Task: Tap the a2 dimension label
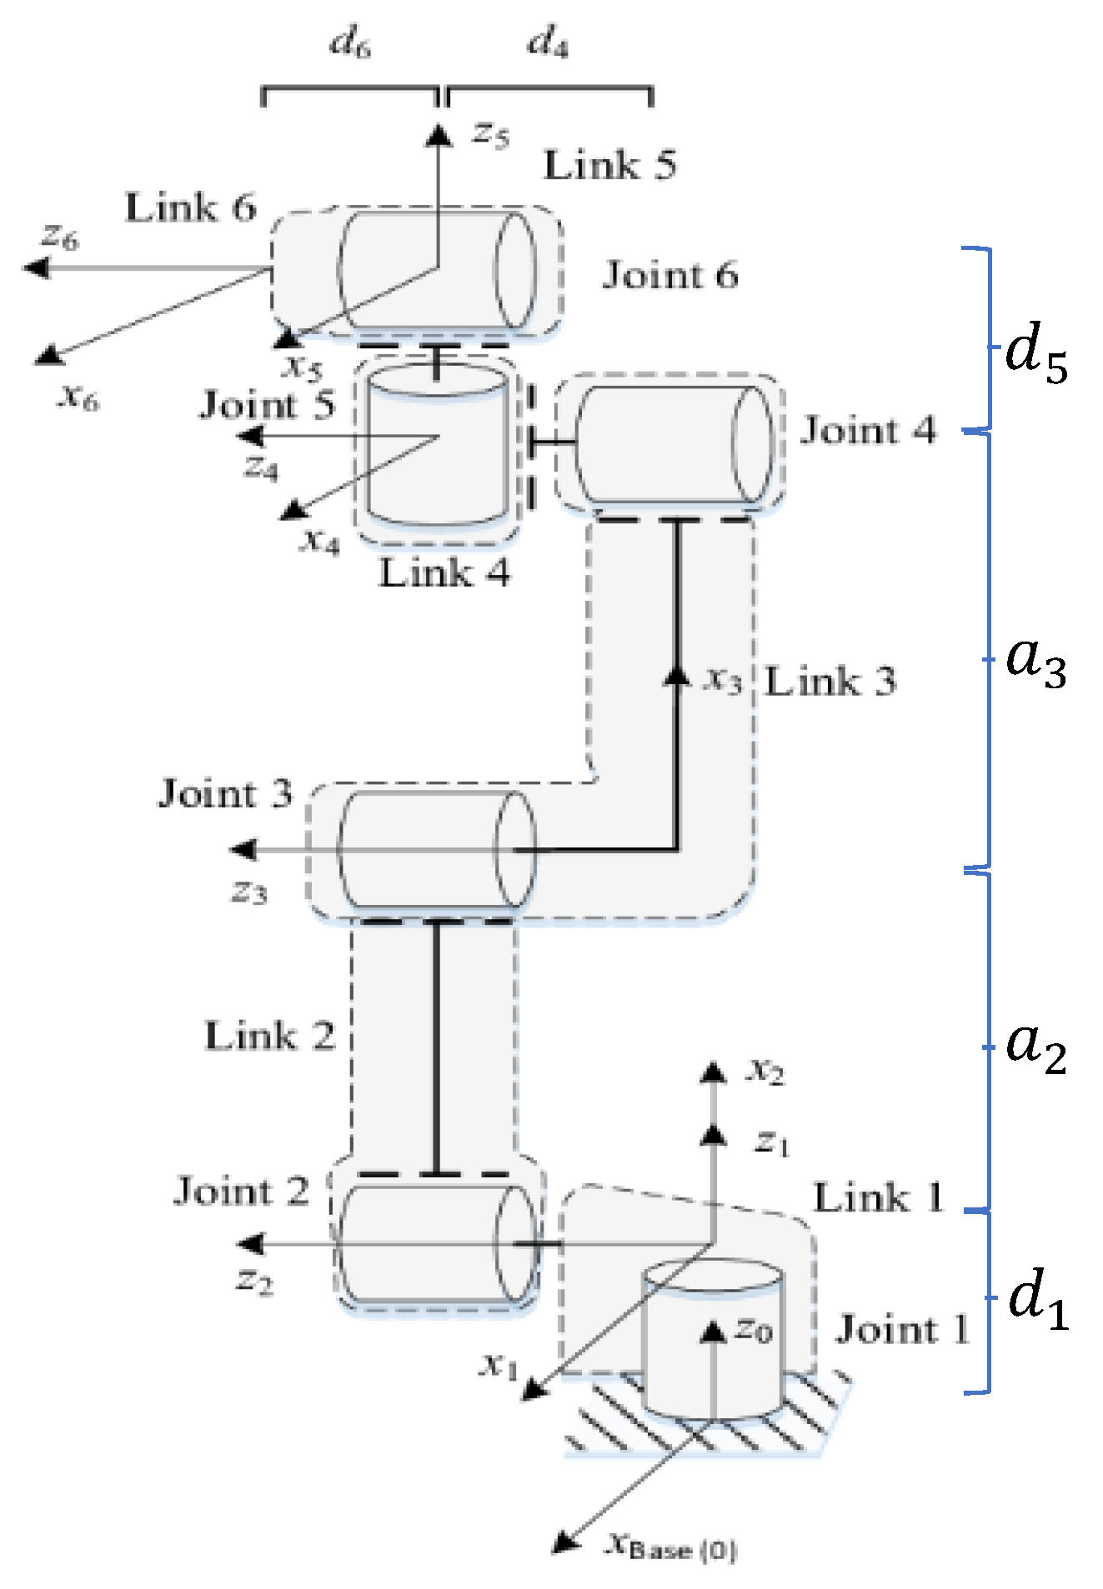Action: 1035,1047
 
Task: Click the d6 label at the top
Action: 350,42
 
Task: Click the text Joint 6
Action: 669,275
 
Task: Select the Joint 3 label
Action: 225,794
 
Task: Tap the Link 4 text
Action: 444,573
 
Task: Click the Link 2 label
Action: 269,1037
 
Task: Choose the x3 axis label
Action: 722,680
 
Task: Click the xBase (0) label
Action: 670,1546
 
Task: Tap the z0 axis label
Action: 753,1330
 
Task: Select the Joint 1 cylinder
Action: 712,1342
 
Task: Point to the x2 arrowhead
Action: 712,1072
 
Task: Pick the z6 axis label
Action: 60,237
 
